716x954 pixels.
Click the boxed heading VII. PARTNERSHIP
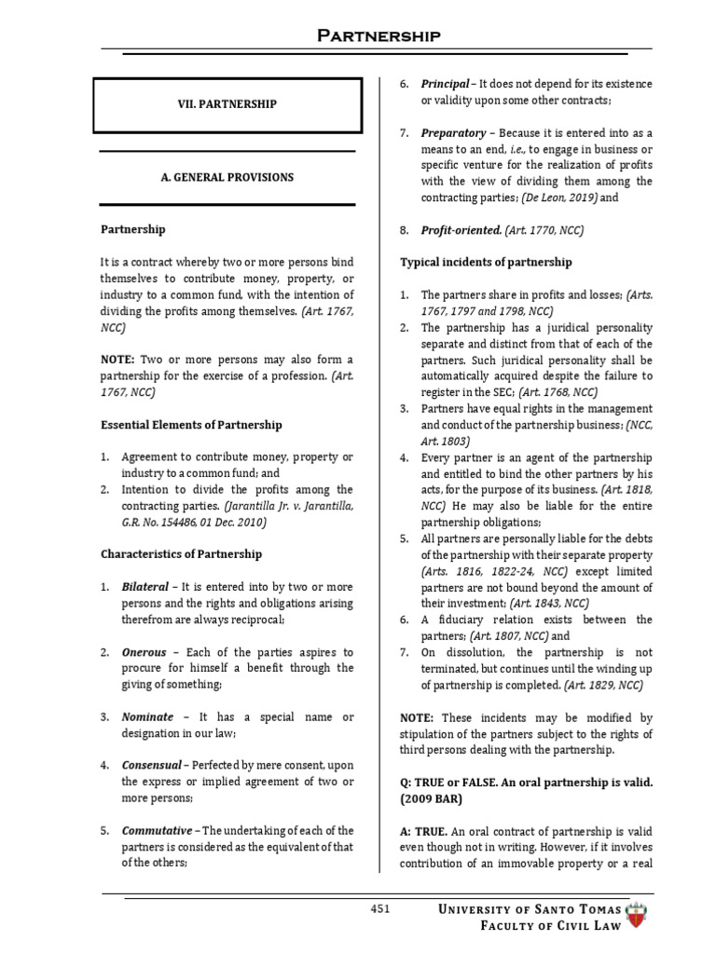pos(227,104)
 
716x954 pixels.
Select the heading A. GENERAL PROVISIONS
pos(227,177)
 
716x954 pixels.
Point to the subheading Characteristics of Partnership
pos(181,553)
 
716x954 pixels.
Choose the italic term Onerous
pos(143,652)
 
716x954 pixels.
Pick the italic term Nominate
pos(147,716)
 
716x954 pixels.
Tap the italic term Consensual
pos(152,765)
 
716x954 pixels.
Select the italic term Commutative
pos(156,829)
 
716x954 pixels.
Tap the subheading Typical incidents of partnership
pos(486,262)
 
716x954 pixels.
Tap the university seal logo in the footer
pos(640,918)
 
